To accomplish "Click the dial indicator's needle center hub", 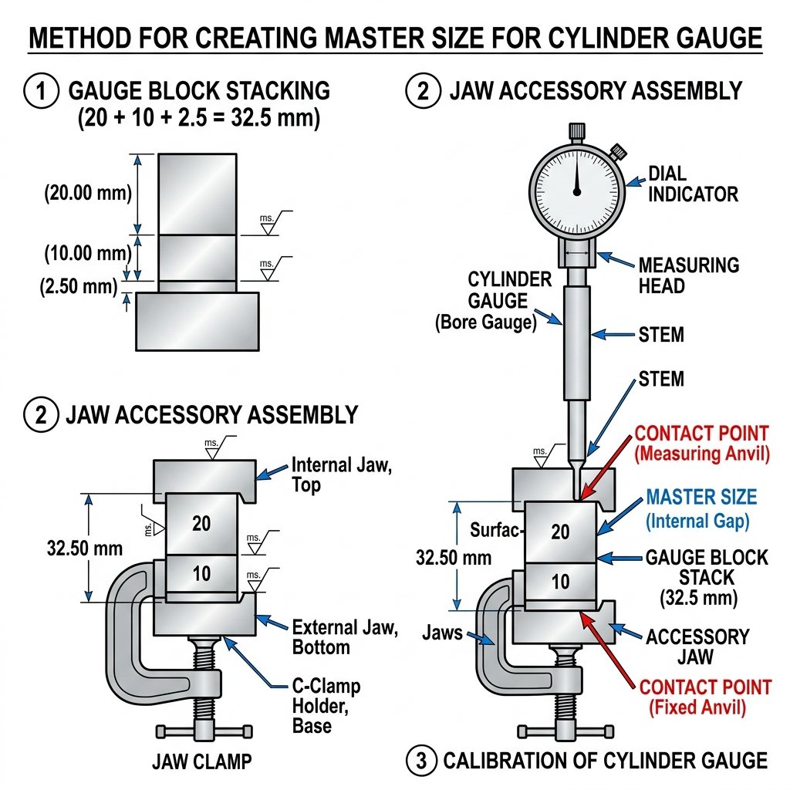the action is [x=577, y=191].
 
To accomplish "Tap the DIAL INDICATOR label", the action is [x=693, y=184].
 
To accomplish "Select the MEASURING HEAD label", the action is [x=689, y=275].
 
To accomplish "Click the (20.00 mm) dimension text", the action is [x=88, y=192].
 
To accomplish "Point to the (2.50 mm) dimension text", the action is [x=79, y=286].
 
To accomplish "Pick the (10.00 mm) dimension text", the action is [x=88, y=253].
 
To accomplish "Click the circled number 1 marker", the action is [x=42, y=91].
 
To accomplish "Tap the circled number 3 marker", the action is [x=421, y=760].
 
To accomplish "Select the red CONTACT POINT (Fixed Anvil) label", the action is [x=705, y=697].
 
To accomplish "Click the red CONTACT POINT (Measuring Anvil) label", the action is [x=702, y=444].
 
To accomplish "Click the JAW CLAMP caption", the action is [x=201, y=761].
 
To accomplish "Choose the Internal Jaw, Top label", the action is [x=342, y=474].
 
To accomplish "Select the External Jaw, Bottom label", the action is [x=345, y=637].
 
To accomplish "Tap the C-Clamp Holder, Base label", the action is [x=326, y=706].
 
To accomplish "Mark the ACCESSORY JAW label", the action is [x=697, y=647].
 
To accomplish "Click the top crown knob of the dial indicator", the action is [x=577, y=131].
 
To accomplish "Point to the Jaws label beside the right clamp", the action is [x=442, y=633].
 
